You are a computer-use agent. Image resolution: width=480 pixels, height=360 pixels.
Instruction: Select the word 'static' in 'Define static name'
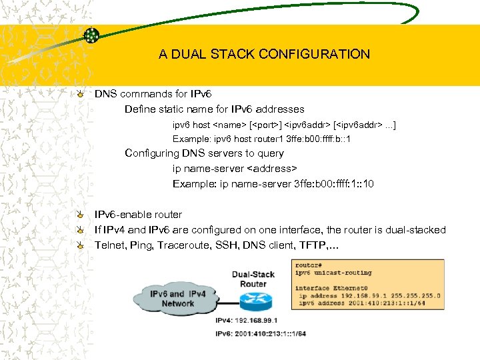click(x=176, y=109)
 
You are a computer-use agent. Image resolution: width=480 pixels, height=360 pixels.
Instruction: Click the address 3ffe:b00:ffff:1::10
click(x=334, y=183)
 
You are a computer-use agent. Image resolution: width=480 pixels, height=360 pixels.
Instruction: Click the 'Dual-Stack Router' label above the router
click(x=253, y=278)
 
